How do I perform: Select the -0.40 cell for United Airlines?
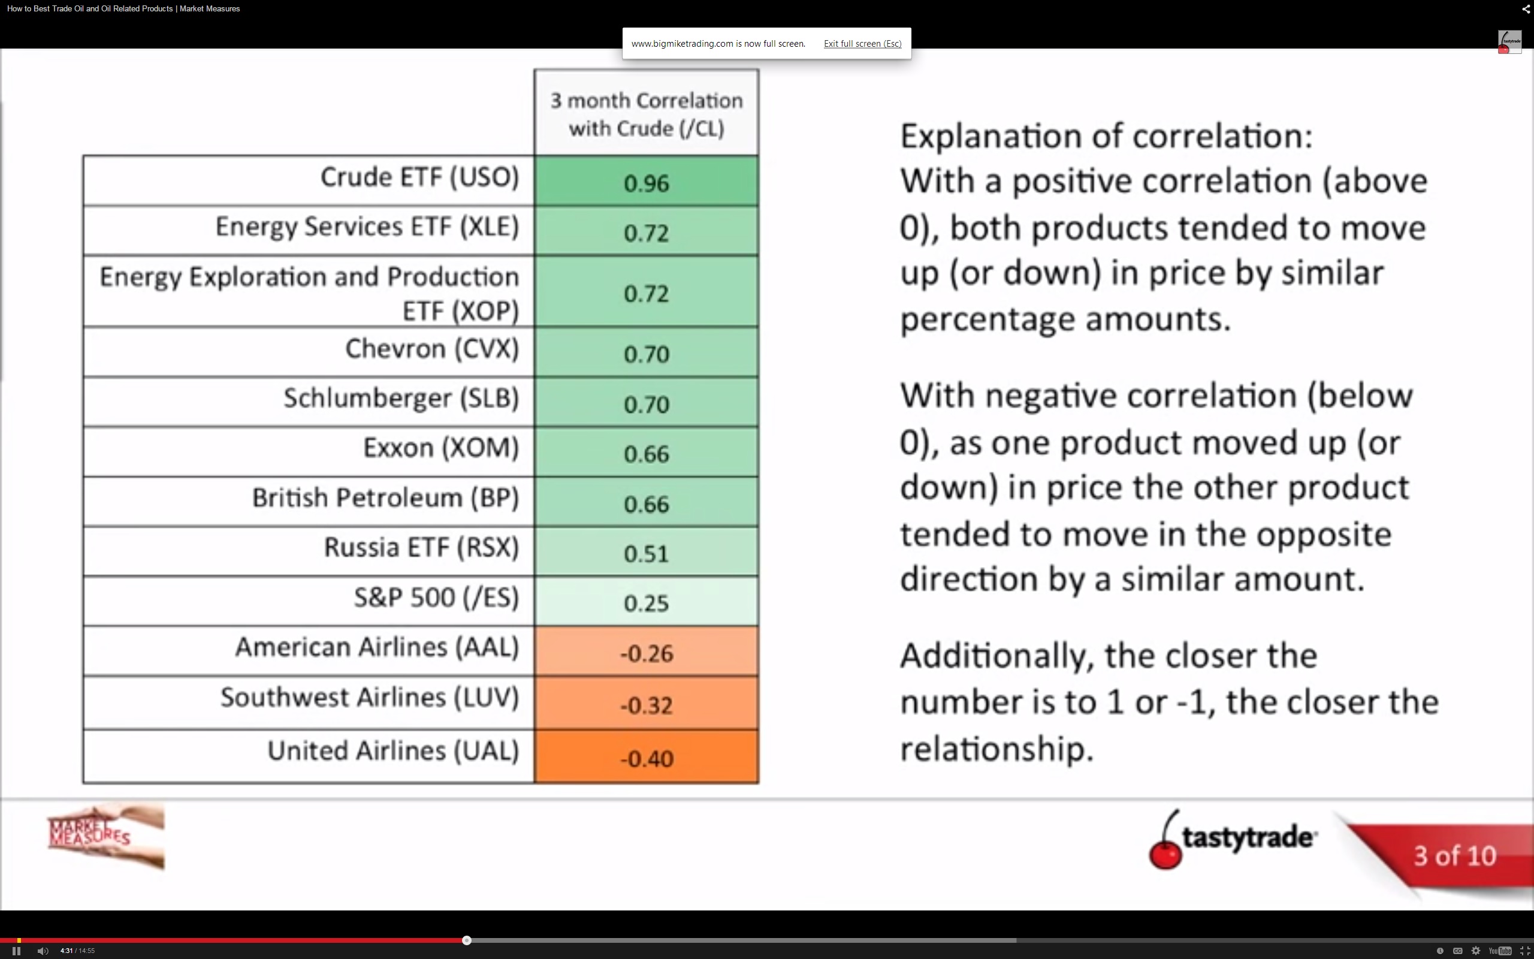pyautogui.click(x=646, y=756)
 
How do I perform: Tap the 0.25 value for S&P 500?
pyautogui.click(x=646, y=601)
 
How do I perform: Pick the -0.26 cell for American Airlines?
pyautogui.click(x=646, y=652)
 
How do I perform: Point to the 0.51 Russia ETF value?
pyautogui.click(x=646, y=552)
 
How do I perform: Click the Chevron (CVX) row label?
pyautogui.click(x=432, y=349)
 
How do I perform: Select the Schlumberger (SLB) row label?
pyautogui.click(x=401, y=399)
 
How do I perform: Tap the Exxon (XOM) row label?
pyautogui.click(x=441, y=448)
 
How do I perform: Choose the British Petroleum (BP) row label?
pyautogui.click(x=385, y=498)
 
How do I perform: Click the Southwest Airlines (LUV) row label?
pyautogui.click(x=370, y=698)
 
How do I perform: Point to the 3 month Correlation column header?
pyautogui.click(x=646, y=113)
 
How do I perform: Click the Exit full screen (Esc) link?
pyautogui.click(x=862, y=44)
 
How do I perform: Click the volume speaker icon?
pyautogui.click(x=43, y=950)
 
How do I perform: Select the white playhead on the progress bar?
pyautogui.click(x=467, y=940)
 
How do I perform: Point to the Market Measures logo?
pyautogui.click(x=106, y=836)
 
